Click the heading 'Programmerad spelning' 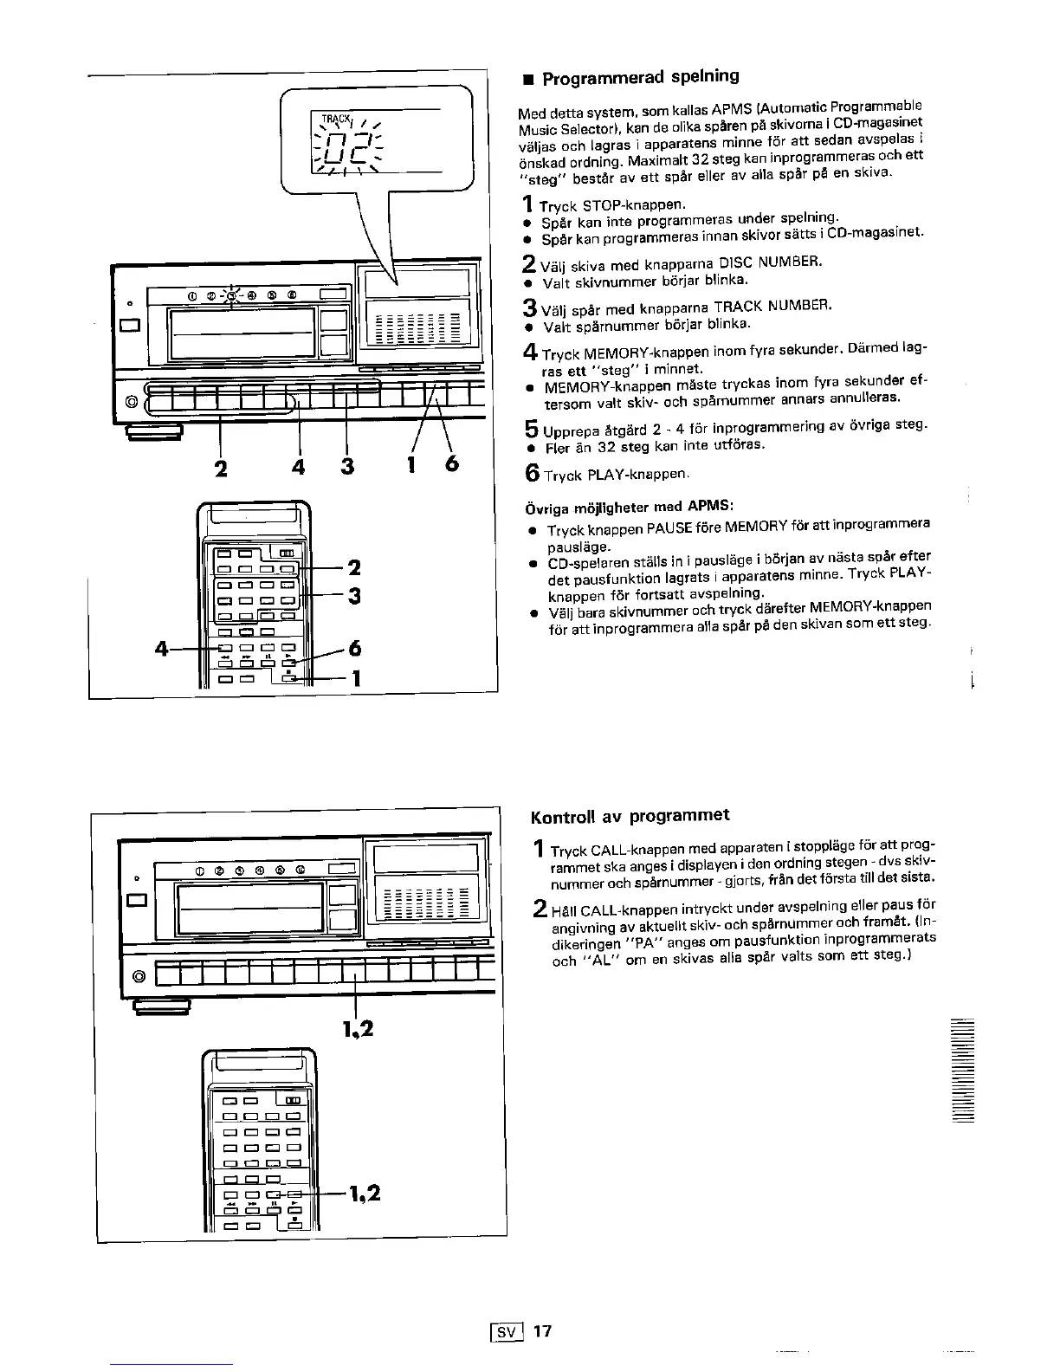(640, 77)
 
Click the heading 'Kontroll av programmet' (630, 815)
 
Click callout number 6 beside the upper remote (353, 649)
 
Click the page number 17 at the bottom (542, 1330)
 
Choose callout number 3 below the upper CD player (346, 466)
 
